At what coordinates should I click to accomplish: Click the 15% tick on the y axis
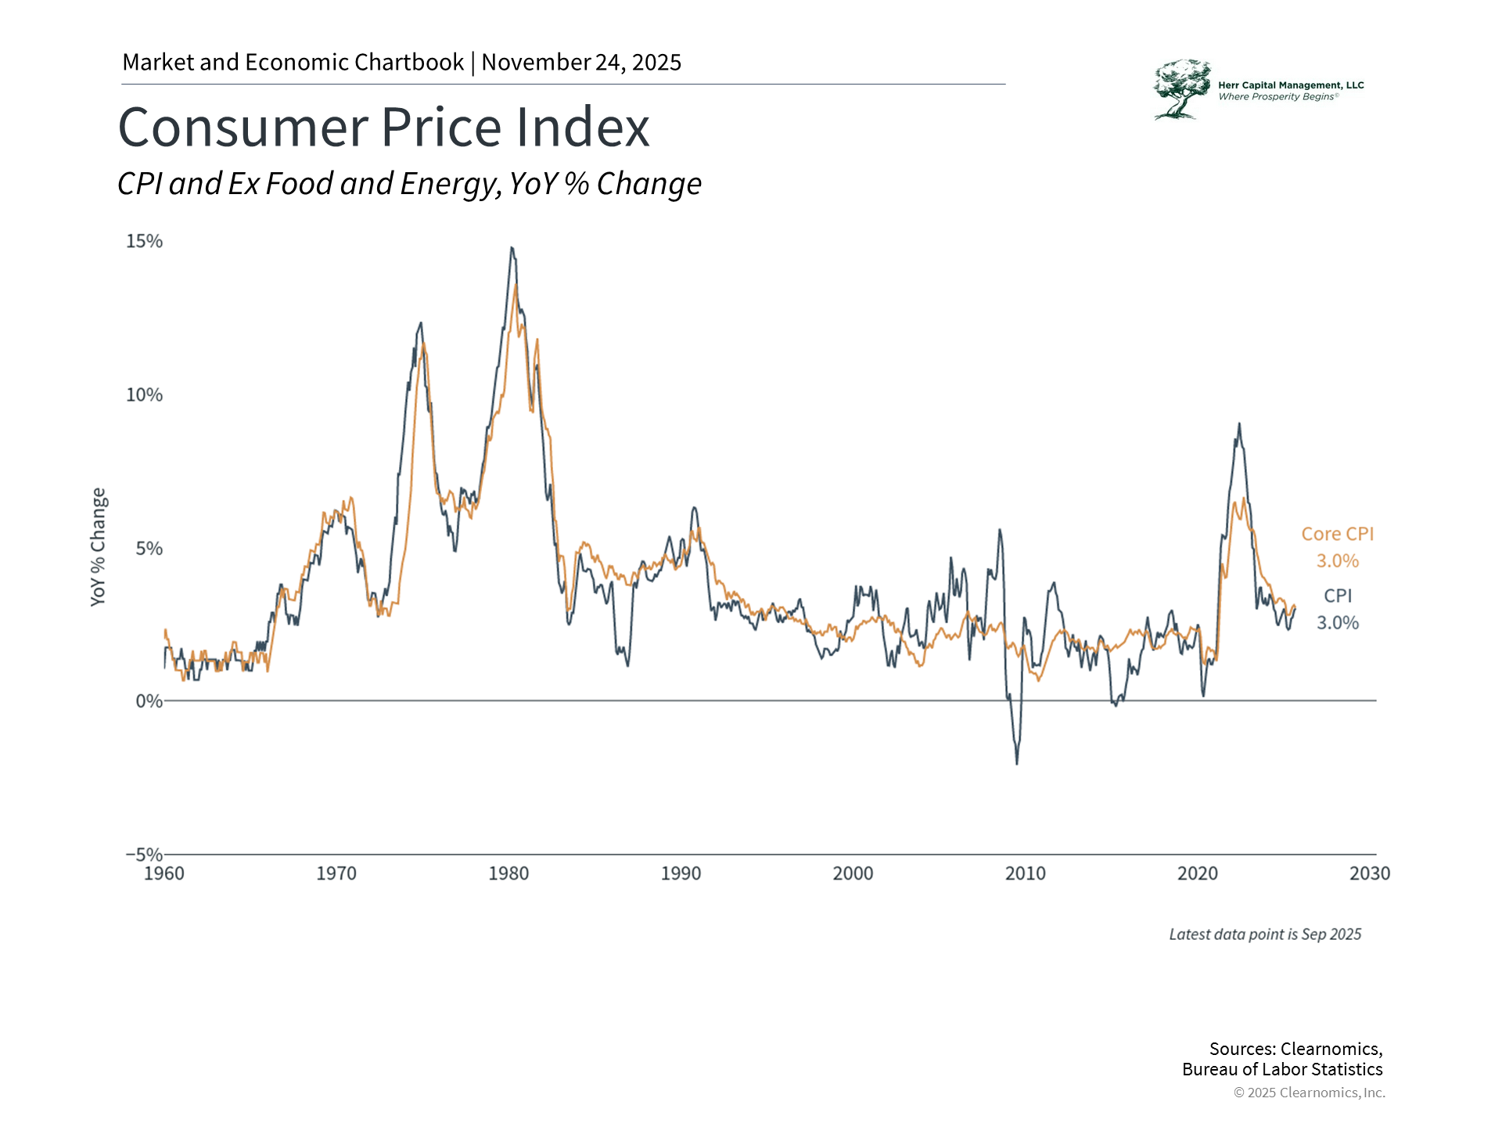point(144,241)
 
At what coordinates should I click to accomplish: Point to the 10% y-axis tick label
point(144,394)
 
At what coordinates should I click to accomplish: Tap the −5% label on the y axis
point(144,854)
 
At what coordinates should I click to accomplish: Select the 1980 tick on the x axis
point(508,873)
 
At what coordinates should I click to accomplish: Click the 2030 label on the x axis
point(1369,873)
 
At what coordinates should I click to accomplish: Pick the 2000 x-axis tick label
point(853,873)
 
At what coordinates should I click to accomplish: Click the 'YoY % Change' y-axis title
point(98,547)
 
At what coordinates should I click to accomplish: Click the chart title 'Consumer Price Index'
point(383,127)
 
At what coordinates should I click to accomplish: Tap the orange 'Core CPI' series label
point(1337,534)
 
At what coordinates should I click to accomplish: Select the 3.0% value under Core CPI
point(1337,561)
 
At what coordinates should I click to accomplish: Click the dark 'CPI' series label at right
point(1338,596)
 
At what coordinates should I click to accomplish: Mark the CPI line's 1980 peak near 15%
point(512,248)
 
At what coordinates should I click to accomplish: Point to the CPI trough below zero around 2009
point(1017,763)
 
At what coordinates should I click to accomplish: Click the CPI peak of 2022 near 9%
point(1239,424)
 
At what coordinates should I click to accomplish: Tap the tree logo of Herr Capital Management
point(1181,89)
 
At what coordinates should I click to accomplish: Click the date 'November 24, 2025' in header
point(581,63)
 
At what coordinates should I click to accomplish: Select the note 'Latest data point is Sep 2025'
point(1265,934)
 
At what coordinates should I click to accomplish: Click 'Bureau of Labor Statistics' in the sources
point(1282,1070)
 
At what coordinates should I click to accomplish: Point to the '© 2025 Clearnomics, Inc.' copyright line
point(1309,1093)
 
